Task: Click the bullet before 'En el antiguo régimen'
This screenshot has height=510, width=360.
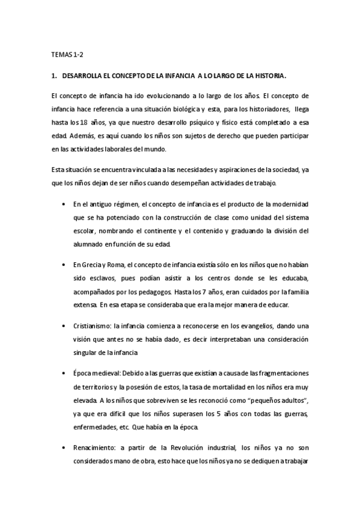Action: click(64, 205)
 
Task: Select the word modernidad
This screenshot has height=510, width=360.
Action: click(285, 205)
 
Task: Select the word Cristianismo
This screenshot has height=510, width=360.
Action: click(91, 325)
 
